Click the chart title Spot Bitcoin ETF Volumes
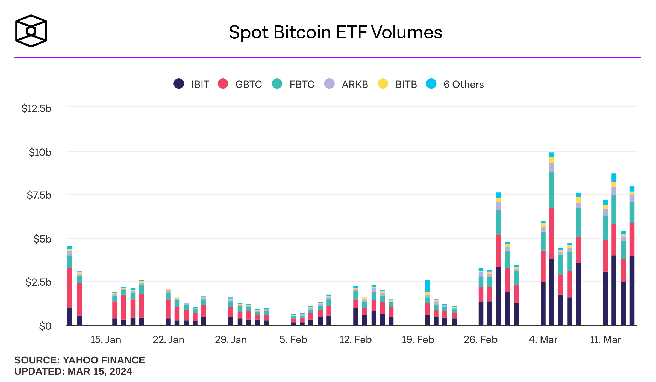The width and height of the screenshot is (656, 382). tap(335, 32)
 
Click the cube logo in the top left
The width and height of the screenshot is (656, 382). tap(31, 31)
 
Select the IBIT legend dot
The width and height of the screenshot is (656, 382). tap(179, 83)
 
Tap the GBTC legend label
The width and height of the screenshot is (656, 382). tap(248, 85)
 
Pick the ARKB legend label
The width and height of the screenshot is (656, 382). tap(355, 85)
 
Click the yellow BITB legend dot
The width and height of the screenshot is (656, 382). tap(383, 83)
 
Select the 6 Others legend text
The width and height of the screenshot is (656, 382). tap(463, 85)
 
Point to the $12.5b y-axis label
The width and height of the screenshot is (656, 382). tap(36, 108)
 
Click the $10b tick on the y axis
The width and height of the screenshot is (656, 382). tap(40, 152)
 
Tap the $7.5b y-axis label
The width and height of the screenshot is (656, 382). tap(39, 195)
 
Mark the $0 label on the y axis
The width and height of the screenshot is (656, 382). tap(45, 326)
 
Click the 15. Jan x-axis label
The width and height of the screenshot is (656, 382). tap(106, 340)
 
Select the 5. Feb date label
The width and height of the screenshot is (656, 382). tap(293, 340)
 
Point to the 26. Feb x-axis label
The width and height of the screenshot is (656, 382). tap(481, 340)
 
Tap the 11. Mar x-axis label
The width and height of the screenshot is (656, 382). tap(605, 340)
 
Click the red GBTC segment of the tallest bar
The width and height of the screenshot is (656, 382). tap(552, 233)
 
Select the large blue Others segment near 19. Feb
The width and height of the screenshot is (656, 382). tap(427, 286)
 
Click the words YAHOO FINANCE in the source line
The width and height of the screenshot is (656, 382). tap(104, 360)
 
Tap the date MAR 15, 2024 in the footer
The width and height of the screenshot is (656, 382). tap(100, 371)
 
